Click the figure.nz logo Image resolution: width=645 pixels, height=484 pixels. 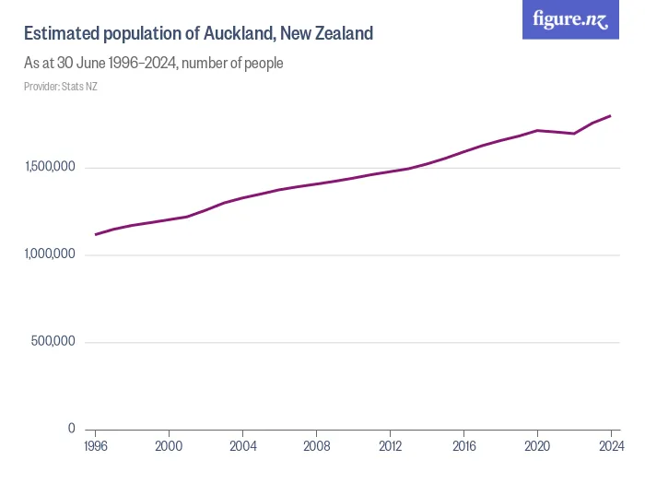click(x=571, y=19)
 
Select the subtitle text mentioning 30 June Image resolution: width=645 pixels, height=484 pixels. click(x=153, y=64)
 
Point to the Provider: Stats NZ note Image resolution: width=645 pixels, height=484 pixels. click(x=61, y=87)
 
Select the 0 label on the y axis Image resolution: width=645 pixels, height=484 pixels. click(x=72, y=429)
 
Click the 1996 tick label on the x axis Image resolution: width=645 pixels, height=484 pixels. click(x=95, y=445)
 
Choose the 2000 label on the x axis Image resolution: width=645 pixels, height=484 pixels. click(x=169, y=445)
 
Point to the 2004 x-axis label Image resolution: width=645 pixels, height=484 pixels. click(x=242, y=445)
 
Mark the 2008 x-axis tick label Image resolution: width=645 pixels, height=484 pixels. click(x=316, y=445)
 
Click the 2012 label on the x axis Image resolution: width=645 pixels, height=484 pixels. click(x=390, y=445)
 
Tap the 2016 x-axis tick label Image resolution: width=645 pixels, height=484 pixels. click(x=463, y=445)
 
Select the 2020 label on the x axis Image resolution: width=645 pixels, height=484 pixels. click(x=537, y=445)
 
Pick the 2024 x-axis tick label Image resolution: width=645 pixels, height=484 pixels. click(x=610, y=445)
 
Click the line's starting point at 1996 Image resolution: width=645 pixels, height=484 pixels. click(x=95, y=234)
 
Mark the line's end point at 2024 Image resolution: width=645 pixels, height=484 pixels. click(x=611, y=116)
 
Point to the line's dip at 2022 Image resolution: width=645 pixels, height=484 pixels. click(x=574, y=134)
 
